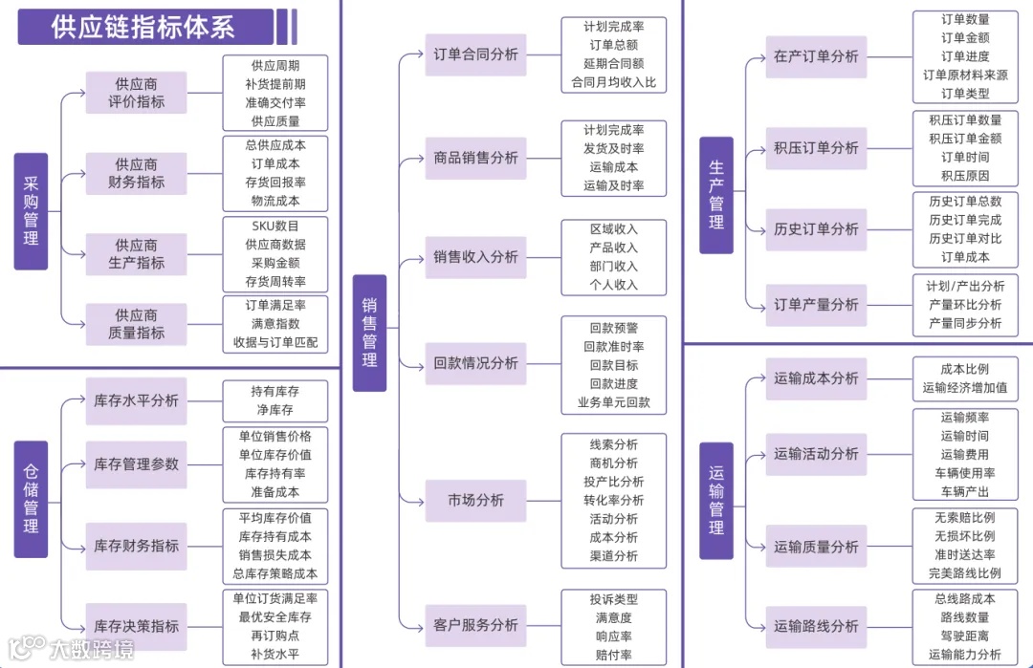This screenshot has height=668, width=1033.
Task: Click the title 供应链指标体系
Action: click(143, 27)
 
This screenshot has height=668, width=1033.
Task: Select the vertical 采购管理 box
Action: click(31, 211)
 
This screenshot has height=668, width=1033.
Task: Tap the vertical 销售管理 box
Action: click(369, 333)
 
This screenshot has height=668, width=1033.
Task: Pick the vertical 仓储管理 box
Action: click(31, 499)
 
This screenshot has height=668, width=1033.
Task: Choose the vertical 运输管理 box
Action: click(715, 500)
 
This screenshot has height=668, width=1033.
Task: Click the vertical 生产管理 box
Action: click(715, 195)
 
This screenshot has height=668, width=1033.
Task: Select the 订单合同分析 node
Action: click(475, 54)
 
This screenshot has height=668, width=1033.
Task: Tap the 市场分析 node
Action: click(475, 501)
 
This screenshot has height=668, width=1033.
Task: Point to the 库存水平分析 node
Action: click(136, 400)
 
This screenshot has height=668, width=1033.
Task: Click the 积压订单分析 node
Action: click(816, 148)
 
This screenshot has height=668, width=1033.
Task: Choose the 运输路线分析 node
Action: click(816, 627)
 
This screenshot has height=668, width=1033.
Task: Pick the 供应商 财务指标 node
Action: click(136, 173)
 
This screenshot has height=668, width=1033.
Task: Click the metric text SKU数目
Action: click(275, 226)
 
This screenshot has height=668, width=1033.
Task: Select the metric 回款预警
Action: click(613, 328)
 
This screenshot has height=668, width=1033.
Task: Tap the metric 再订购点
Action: click(275, 636)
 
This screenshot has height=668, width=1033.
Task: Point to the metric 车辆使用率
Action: click(964, 473)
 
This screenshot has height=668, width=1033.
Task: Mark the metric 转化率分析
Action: click(613, 500)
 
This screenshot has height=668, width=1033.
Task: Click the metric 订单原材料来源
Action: click(964, 75)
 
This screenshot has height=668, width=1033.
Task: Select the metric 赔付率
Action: click(613, 656)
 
